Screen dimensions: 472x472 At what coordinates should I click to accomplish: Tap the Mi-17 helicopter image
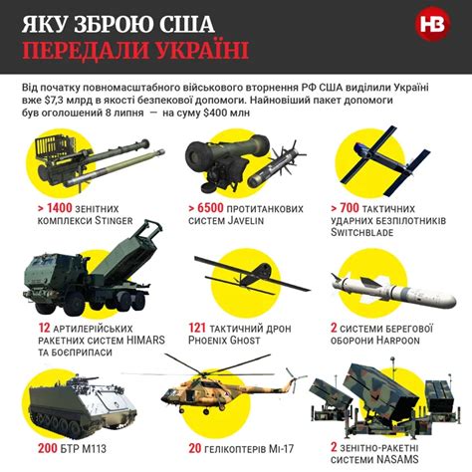click(x=231, y=394)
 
